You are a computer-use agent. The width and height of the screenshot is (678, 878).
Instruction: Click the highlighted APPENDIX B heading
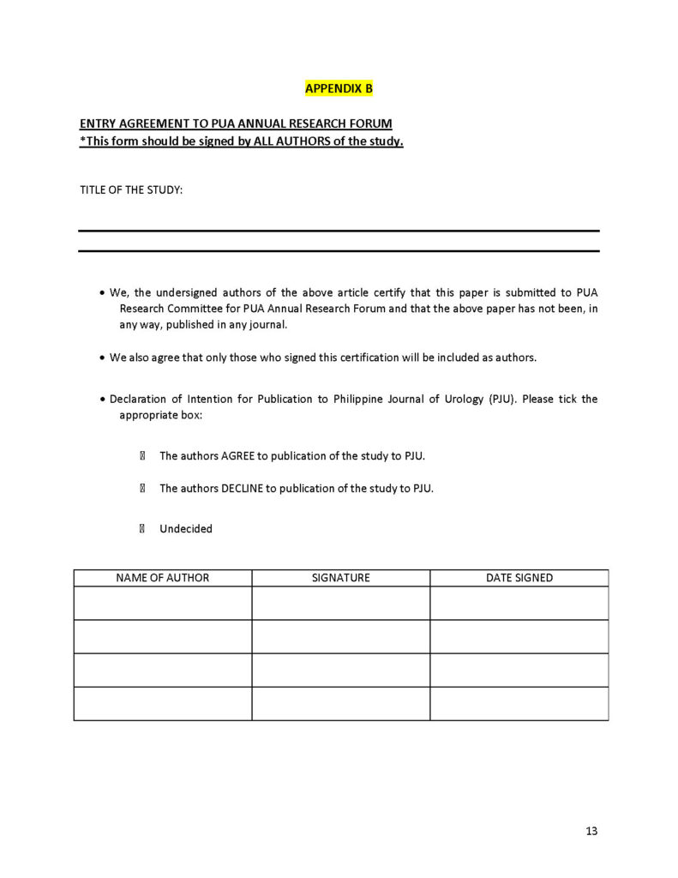click(x=339, y=88)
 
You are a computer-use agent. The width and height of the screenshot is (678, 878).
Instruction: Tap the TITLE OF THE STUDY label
click(x=131, y=189)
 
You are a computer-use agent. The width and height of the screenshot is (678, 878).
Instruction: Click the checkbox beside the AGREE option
click(x=142, y=456)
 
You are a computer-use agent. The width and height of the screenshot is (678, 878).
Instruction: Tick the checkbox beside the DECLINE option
click(x=142, y=489)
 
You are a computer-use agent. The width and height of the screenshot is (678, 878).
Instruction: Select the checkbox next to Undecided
click(x=142, y=529)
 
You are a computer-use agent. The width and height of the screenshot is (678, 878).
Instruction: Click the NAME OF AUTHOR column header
click(x=163, y=578)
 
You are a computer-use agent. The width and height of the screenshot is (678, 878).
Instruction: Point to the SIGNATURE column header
click(x=341, y=578)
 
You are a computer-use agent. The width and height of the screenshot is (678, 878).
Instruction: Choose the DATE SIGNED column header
click(x=519, y=578)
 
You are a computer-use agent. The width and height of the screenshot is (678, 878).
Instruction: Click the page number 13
click(x=591, y=831)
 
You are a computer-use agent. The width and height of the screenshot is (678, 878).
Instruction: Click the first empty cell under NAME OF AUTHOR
click(x=163, y=603)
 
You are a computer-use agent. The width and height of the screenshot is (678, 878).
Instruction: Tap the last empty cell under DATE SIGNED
click(x=519, y=703)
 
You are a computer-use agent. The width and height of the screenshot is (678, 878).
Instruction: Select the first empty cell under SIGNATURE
click(x=341, y=603)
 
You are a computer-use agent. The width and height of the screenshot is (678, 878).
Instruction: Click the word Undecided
click(x=186, y=529)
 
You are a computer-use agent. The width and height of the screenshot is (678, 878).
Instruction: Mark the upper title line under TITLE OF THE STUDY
click(x=339, y=231)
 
